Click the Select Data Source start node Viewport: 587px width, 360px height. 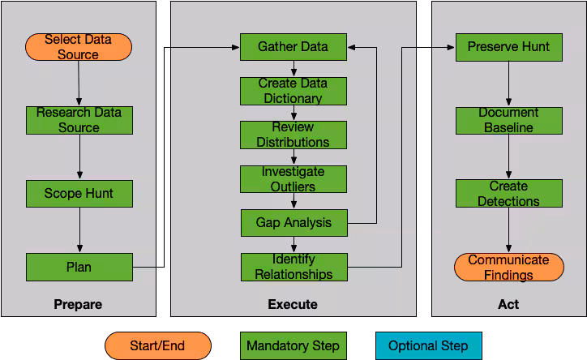tap(79, 47)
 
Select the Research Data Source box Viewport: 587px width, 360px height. tap(79, 121)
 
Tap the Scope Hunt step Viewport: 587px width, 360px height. tap(79, 194)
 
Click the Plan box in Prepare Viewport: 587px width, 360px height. tap(79, 268)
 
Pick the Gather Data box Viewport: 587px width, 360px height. tap(293, 47)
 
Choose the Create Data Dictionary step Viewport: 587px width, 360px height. tap(293, 92)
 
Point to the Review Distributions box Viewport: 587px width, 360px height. tap(293, 135)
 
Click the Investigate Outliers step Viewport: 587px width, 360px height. tap(293, 179)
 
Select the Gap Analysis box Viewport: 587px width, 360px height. tap(294, 223)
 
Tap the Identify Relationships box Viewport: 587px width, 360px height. tap(294, 268)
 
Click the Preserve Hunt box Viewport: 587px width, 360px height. tap(509, 47)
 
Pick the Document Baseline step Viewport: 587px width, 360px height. tap(509, 121)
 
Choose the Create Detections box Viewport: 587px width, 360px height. tap(509, 194)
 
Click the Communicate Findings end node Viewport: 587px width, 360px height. tap(509, 268)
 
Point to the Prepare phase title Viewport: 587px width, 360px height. tap(78, 305)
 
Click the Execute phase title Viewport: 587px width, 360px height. tap(293, 304)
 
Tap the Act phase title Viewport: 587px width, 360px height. tap(508, 304)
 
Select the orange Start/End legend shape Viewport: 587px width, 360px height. tap(158, 345)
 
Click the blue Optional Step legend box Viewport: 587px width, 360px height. tap(429, 345)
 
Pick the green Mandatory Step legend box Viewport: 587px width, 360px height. tap(293, 345)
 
